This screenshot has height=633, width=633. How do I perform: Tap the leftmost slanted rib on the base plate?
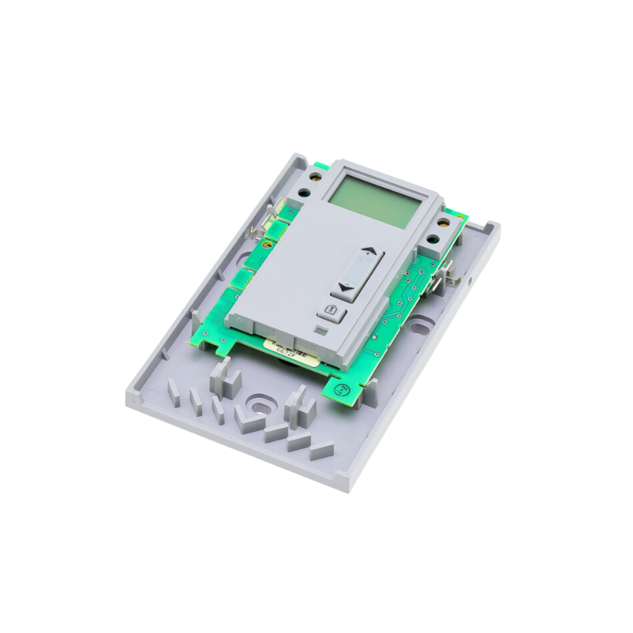[174, 391]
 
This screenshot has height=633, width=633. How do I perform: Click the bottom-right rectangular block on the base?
[321, 450]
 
